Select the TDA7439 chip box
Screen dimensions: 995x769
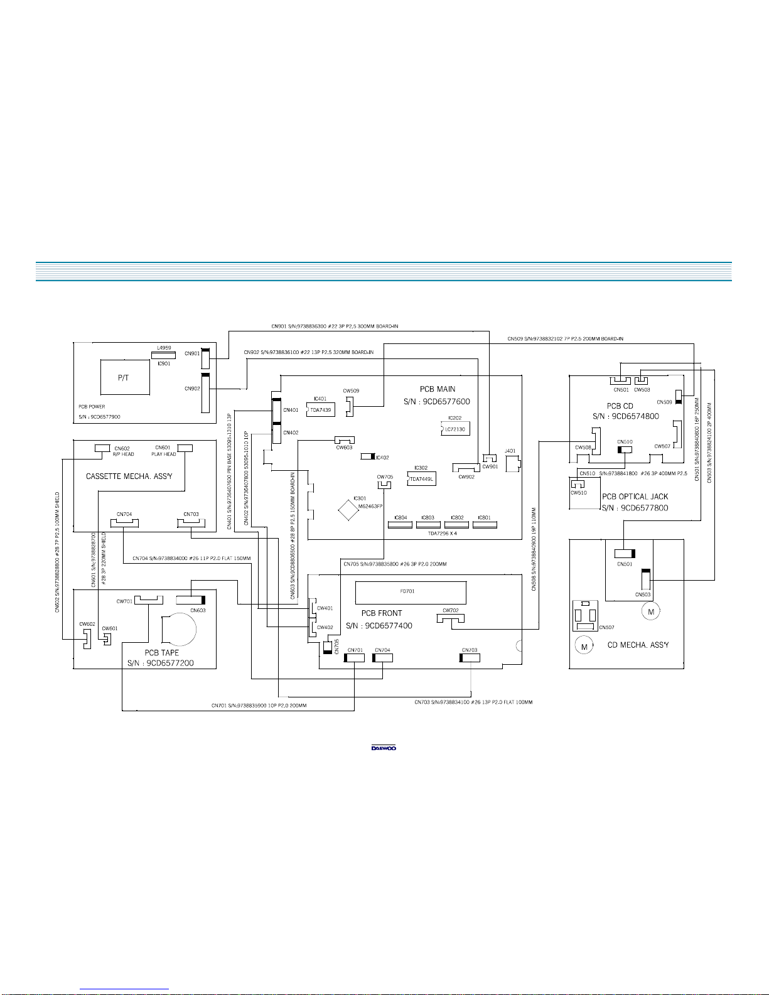(x=320, y=409)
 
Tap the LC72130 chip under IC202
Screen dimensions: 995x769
(x=455, y=429)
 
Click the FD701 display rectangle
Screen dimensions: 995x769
(x=411, y=591)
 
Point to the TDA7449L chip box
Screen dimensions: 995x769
(x=421, y=479)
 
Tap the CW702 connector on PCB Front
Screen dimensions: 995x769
(x=451, y=619)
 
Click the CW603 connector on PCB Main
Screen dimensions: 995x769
(x=344, y=440)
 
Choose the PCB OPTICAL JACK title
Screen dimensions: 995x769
(x=635, y=497)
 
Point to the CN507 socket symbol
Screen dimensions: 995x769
(x=585, y=616)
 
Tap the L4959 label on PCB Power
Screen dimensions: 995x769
(x=163, y=347)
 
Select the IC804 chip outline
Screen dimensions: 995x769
(x=401, y=524)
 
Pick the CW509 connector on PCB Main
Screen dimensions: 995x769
(x=350, y=405)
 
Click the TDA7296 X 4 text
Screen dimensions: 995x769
(x=443, y=532)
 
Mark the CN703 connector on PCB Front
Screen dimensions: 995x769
(x=470, y=657)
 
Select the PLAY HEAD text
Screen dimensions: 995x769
(x=164, y=454)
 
